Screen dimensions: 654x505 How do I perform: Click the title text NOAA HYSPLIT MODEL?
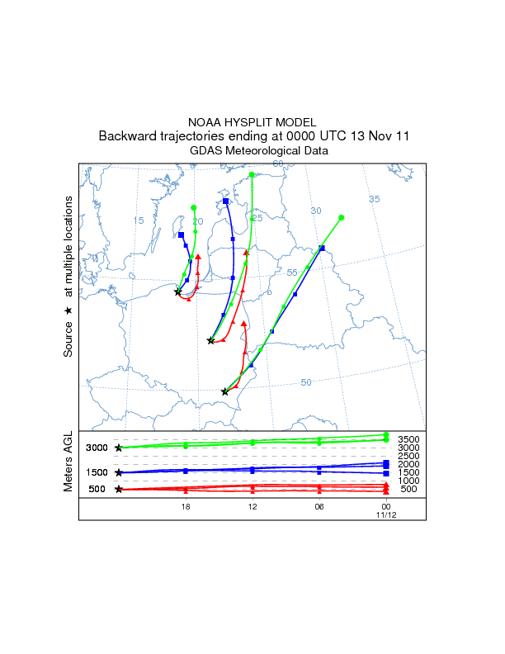pos(252,121)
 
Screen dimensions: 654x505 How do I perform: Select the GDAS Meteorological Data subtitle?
pos(252,150)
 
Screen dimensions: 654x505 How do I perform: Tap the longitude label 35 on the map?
pos(374,199)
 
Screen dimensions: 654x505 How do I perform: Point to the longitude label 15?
pos(138,220)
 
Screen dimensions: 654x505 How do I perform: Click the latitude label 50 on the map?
pos(305,382)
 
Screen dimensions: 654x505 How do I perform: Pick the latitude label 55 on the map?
pos(291,272)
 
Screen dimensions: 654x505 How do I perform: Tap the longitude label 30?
pos(315,211)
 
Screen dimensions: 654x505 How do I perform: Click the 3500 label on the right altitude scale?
pos(408,439)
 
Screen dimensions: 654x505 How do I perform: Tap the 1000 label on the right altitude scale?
pos(408,481)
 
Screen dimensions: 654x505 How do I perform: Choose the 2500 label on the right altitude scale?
pos(408,456)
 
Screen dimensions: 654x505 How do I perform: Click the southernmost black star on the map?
pos(225,391)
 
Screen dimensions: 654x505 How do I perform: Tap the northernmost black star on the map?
pos(177,291)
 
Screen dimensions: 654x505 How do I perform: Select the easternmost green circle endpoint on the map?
pos(342,218)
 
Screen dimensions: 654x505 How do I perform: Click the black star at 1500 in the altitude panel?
pos(119,472)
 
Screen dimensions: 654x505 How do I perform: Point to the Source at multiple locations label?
pos(69,277)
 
